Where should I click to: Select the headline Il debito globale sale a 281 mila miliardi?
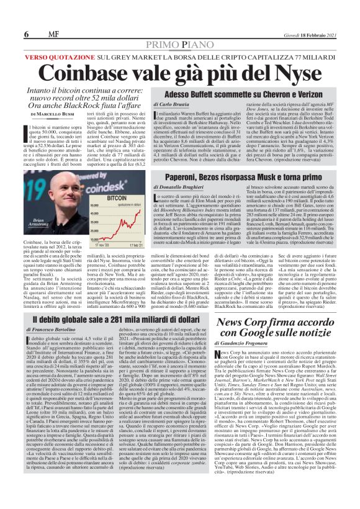(x=112, y=318)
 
